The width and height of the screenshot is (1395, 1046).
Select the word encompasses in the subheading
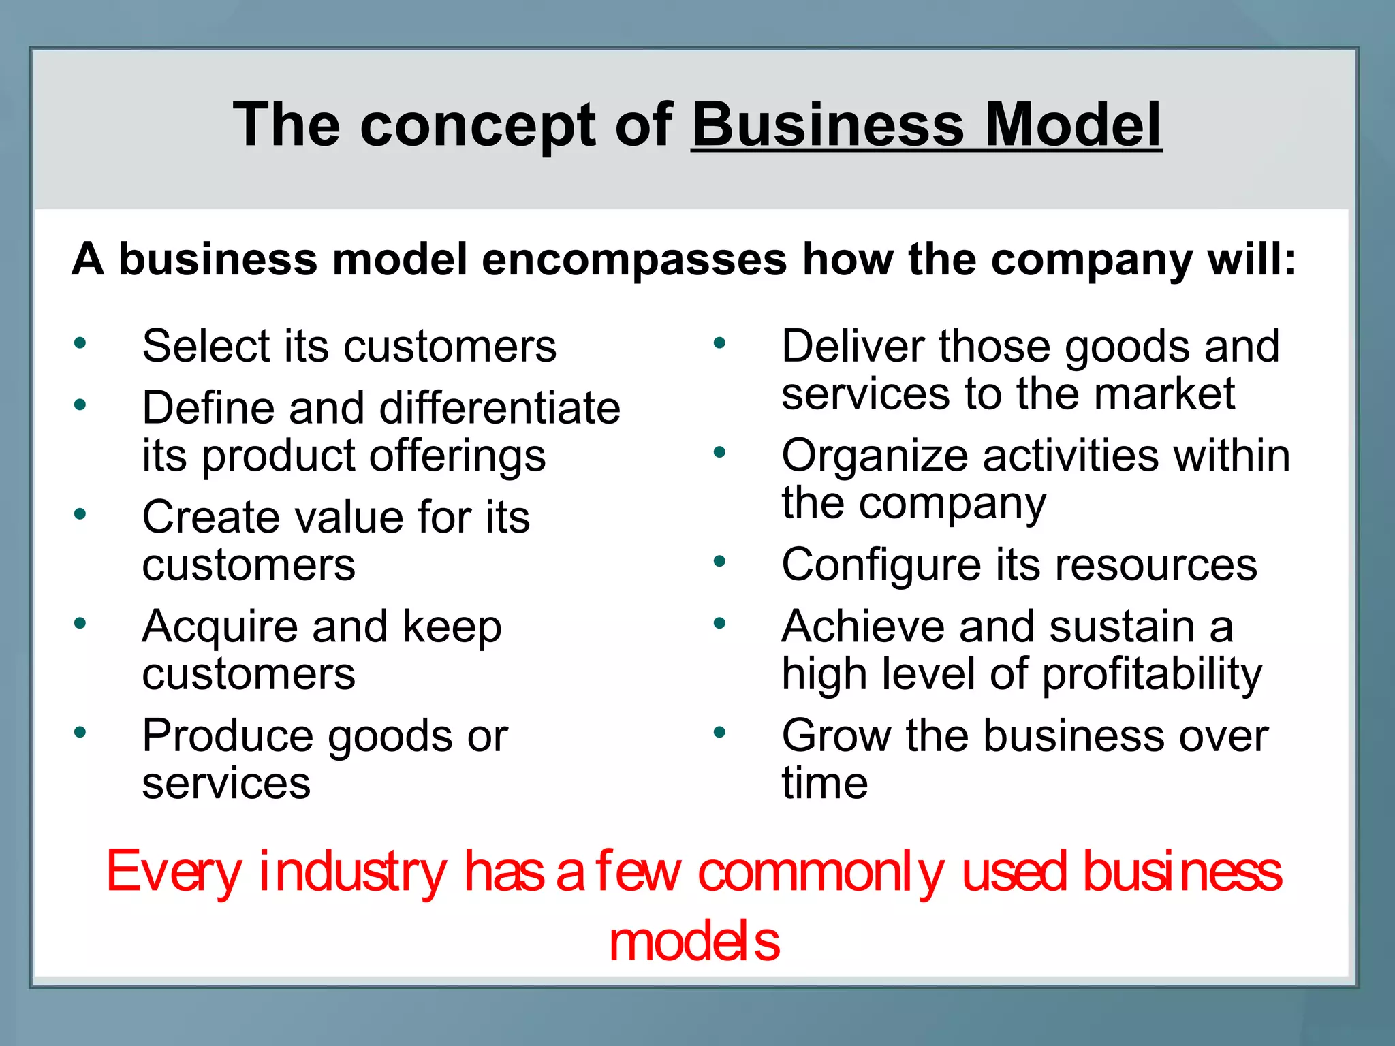pyautogui.click(x=634, y=259)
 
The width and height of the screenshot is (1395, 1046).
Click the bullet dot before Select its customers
pyautogui.click(x=80, y=343)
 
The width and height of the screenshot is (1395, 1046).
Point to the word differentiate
pyautogui.click(x=499, y=408)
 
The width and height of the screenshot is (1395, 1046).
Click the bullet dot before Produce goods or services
pyautogui.click(x=80, y=733)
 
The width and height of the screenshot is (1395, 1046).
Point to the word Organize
pyautogui.click(x=875, y=457)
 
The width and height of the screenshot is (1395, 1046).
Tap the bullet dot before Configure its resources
pyautogui.click(x=720, y=562)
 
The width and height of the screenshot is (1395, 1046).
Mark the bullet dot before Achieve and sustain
pyautogui.click(x=720, y=623)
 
